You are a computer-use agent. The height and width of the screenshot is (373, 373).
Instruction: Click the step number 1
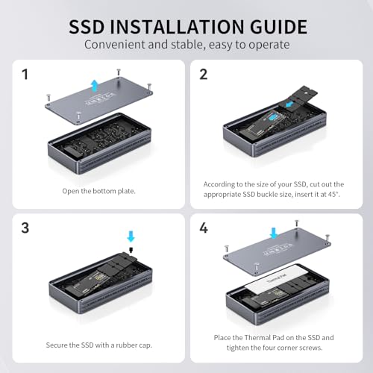point(26,75)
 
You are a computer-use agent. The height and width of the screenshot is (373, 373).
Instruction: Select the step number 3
point(26,227)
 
